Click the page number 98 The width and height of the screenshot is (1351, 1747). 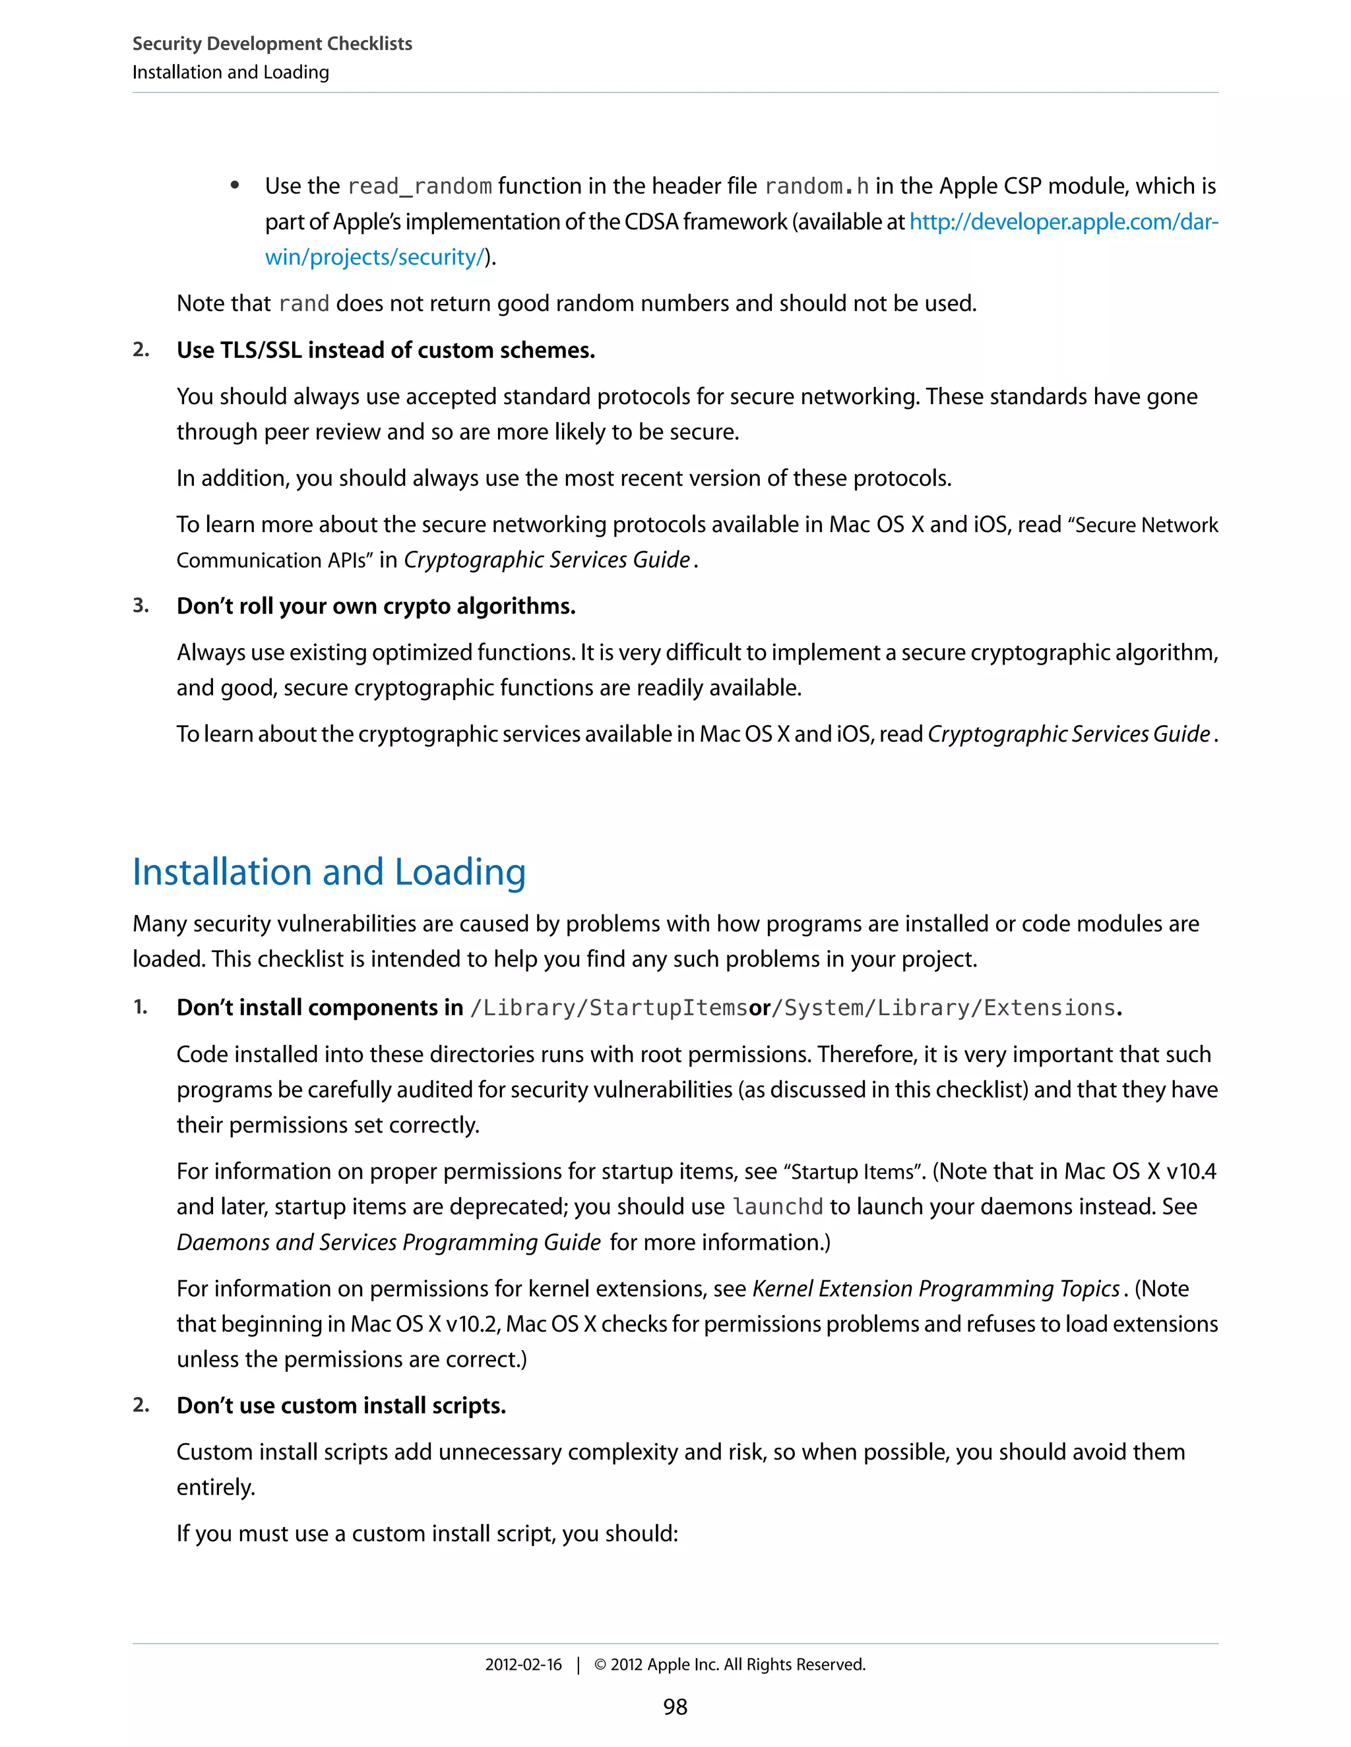[x=675, y=1707]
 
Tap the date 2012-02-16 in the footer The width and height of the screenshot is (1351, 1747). [x=523, y=1665]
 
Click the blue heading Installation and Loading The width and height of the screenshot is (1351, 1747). [x=329, y=872]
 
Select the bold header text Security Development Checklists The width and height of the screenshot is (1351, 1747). [x=272, y=44]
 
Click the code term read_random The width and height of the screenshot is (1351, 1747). [x=420, y=187]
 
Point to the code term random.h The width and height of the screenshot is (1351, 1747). [x=817, y=187]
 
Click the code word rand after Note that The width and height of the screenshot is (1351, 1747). [x=303, y=304]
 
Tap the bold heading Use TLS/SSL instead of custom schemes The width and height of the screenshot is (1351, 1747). [x=386, y=350]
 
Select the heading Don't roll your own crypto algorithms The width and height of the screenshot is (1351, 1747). [x=376, y=607]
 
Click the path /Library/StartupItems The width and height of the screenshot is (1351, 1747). [x=608, y=1008]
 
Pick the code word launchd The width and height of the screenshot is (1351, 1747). [x=777, y=1207]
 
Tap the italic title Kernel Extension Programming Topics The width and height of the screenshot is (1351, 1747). [x=935, y=1289]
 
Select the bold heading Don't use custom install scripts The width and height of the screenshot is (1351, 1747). [x=341, y=1406]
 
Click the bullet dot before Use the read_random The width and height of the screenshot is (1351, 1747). [x=234, y=187]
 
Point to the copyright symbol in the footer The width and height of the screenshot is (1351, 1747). [x=600, y=1665]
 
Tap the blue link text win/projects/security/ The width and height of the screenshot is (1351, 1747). [x=375, y=258]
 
